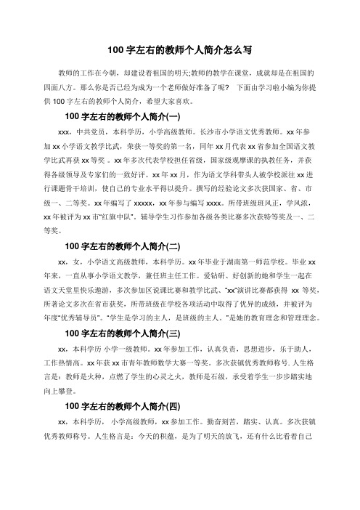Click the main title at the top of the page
tap(179, 50)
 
